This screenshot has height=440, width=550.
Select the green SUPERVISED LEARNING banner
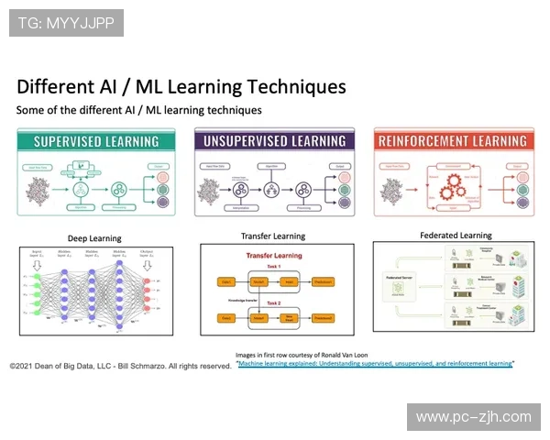[x=96, y=141]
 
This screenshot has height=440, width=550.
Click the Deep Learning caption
[x=95, y=236]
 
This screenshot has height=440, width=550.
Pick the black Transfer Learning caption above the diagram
[x=272, y=236]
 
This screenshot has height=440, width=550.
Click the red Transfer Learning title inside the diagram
[x=272, y=257]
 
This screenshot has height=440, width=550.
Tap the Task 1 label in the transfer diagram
[x=272, y=267]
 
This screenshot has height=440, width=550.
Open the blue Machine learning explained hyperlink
[x=375, y=364]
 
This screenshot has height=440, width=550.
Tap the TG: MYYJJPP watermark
[x=66, y=23]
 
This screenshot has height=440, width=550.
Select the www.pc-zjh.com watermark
[x=473, y=417]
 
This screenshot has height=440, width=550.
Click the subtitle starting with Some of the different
[x=138, y=110]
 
